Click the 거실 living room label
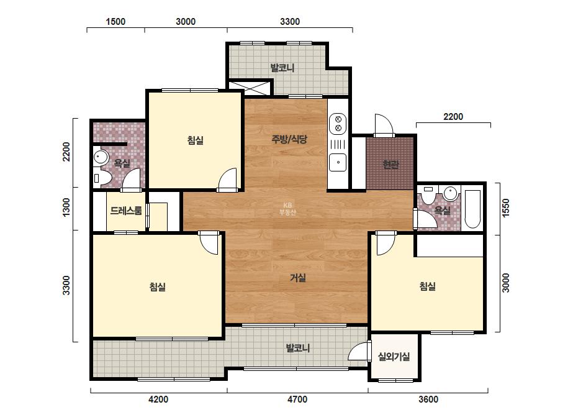[x=298, y=278]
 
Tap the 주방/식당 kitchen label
[x=289, y=139]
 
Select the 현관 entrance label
[x=390, y=165]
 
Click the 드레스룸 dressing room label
[x=126, y=211]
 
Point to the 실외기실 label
[x=394, y=357]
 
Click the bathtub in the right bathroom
[x=472, y=209]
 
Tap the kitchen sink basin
[x=338, y=162]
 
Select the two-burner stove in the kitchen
[x=338, y=124]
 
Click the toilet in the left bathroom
[x=102, y=178]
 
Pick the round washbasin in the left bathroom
[x=100, y=157]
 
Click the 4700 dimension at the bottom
[x=297, y=399]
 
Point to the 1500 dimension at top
[x=115, y=22]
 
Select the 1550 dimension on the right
[x=505, y=208]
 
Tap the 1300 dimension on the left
[x=66, y=207]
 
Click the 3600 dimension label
[x=428, y=399]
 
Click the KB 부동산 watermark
[x=287, y=209]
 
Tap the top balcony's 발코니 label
[x=282, y=68]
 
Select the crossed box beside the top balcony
[x=250, y=88]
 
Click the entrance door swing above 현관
[x=383, y=125]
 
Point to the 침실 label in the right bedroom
[x=428, y=286]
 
